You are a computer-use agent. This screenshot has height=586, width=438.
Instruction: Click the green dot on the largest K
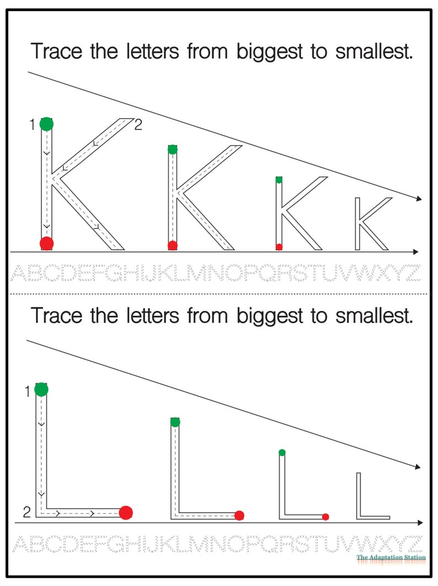point(46,124)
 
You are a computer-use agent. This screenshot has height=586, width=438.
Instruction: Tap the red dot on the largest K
point(46,243)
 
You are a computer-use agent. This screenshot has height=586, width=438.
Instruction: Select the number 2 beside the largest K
point(138,125)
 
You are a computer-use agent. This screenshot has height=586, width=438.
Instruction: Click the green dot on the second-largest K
point(173,149)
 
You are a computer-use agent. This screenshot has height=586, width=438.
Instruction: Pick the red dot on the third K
point(279,246)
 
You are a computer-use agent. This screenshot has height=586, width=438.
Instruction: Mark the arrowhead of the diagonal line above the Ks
point(419,199)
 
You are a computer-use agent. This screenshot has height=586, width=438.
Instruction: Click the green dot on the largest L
point(41,390)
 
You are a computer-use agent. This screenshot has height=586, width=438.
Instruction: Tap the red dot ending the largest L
point(126,513)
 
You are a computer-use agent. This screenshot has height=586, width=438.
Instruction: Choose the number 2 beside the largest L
point(27,513)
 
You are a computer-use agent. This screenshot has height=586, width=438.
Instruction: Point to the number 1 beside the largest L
point(26,392)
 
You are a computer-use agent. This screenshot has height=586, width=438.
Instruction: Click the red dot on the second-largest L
point(239,515)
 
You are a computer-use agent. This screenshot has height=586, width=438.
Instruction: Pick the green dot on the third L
point(282,453)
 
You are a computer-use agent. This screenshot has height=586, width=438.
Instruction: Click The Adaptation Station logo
point(391,557)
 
